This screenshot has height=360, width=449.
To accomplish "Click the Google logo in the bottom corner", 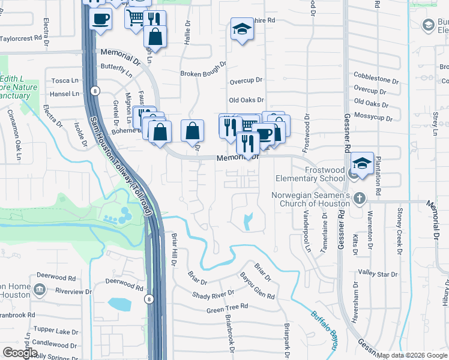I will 20,353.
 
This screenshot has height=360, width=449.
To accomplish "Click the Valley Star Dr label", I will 378,274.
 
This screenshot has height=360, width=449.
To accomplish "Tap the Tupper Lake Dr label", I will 56,331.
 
